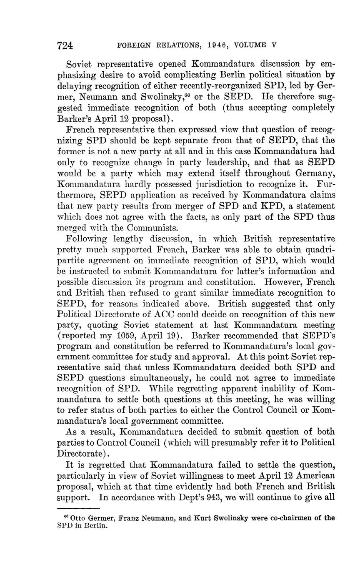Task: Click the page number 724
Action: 65,45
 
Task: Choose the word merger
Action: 182,206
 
